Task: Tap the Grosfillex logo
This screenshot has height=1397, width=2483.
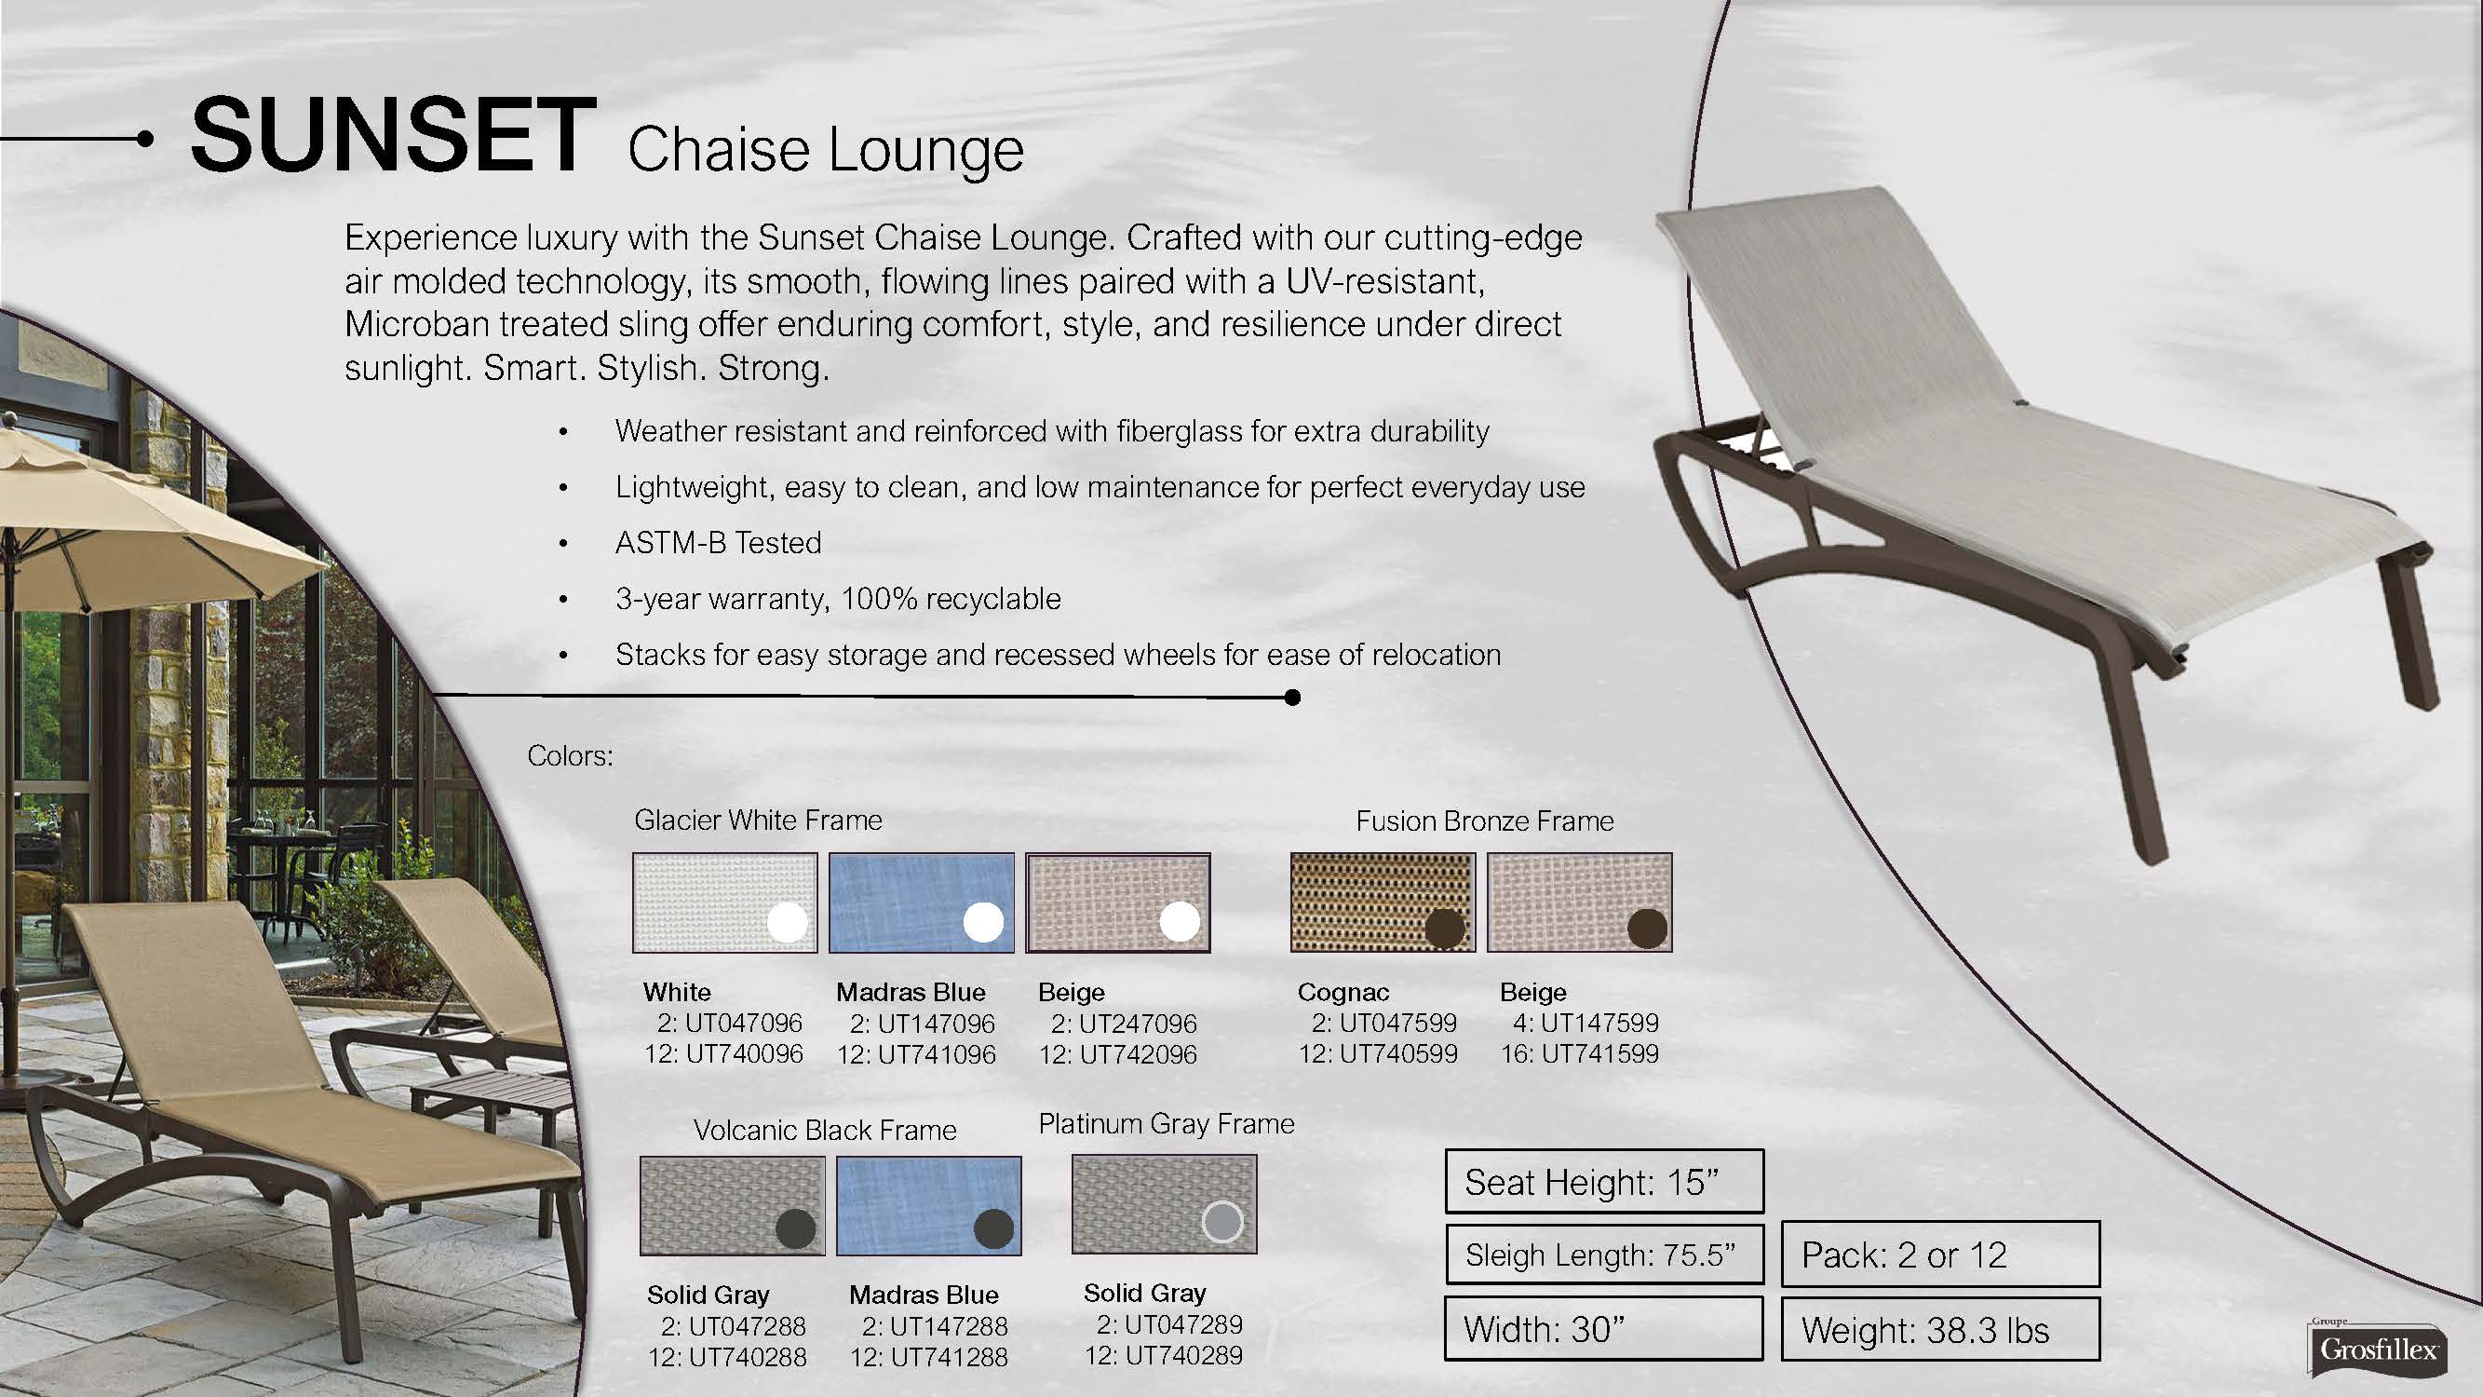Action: click(2378, 1347)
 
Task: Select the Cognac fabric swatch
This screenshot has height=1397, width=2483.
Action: click(1383, 902)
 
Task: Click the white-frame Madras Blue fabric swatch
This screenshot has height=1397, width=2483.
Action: click(922, 902)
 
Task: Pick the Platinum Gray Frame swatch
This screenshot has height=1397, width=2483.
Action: click(1165, 1204)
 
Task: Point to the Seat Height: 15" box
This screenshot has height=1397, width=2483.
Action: click(1604, 1181)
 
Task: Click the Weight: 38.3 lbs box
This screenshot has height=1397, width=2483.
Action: click(1940, 1330)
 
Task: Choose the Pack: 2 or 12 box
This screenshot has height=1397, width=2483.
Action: click(1940, 1255)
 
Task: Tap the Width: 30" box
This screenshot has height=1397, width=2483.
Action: click(1604, 1329)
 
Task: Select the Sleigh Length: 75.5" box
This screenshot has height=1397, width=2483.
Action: click(1604, 1255)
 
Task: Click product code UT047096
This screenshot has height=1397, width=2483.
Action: click(743, 1023)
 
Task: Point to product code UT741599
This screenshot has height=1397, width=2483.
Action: click(1600, 1053)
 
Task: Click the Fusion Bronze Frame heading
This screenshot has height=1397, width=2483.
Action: click(1484, 821)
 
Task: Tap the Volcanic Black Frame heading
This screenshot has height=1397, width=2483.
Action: click(825, 1130)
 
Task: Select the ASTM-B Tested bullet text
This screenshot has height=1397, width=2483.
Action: click(718, 543)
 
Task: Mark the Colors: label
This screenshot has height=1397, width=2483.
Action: click(570, 756)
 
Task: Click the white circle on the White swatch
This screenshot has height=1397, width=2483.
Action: click(788, 923)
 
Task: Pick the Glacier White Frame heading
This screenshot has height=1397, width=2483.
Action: click(758, 821)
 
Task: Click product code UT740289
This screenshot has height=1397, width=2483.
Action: click(1183, 1355)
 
